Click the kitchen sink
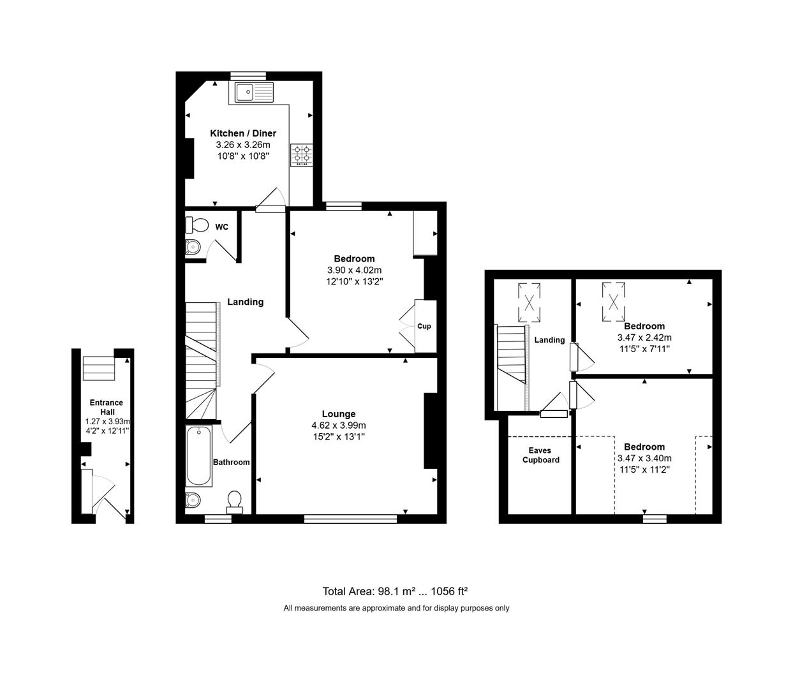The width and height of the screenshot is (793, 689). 254,93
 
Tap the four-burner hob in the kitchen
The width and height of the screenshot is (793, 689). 302,155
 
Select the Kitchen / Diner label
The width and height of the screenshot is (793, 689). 243,133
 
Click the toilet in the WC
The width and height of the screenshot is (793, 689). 197,225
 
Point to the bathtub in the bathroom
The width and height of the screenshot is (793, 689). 199,456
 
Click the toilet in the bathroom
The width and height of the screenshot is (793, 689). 235,502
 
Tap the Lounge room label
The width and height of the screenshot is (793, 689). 338,414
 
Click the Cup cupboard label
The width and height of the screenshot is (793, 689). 424,326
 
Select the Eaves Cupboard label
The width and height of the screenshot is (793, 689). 541,455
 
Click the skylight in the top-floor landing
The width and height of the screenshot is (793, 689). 530,302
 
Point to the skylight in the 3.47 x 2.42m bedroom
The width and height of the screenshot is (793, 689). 614,302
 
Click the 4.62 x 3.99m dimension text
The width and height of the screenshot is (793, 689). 338,426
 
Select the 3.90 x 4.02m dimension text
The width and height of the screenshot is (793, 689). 354,270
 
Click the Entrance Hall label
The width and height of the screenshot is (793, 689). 107,407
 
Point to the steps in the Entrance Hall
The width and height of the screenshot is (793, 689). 99,369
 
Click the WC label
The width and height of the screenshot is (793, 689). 222,227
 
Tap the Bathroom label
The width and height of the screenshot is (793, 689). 232,463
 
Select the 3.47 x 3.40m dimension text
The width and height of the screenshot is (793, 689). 644,459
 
